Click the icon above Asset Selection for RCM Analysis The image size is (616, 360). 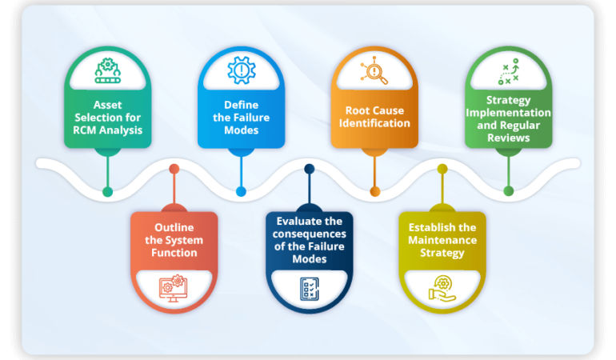[x=107, y=71]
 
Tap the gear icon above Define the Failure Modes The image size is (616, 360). [x=241, y=71]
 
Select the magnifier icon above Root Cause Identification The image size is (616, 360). [x=374, y=71]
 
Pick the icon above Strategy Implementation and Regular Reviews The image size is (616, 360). [x=508, y=71]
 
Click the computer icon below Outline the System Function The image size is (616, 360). [x=174, y=286]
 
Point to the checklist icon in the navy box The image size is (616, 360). [x=309, y=288]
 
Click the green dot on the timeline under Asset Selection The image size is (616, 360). [x=108, y=191]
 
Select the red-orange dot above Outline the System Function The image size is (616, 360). [x=174, y=169]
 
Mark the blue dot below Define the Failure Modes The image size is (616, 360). [x=241, y=191]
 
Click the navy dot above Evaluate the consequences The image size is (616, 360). [x=309, y=169]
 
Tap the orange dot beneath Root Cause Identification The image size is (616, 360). [x=374, y=191]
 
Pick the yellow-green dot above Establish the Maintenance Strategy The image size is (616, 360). [x=442, y=169]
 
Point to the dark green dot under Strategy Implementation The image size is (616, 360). [x=508, y=191]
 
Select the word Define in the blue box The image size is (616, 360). [x=241, y=104]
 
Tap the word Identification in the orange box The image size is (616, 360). [x=374, y=123]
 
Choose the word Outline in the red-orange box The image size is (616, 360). [x=174, y=227]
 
